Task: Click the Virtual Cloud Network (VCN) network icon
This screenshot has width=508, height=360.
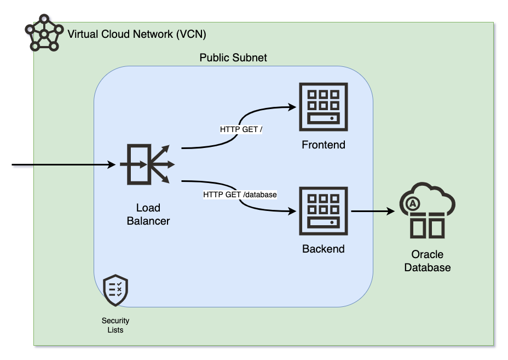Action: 43,35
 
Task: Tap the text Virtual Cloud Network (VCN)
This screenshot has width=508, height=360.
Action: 137,35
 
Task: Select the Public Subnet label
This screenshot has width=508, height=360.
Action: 233,58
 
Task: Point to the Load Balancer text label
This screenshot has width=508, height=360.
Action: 148,214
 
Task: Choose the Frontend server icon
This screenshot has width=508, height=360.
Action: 323,107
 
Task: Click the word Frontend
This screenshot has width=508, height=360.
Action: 324,145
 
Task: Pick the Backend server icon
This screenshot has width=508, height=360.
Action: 323,211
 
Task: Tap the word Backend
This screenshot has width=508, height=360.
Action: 324,249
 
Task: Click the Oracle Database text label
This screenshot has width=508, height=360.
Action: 428,261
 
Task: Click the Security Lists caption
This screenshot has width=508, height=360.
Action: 116,325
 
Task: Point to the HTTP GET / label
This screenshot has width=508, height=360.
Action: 241,130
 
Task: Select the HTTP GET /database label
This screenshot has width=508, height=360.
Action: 240,195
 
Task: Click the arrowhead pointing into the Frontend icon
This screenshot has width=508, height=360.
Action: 292,107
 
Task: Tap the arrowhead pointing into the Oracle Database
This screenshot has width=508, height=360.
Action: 391,211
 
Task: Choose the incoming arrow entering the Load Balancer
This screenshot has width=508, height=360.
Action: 66,164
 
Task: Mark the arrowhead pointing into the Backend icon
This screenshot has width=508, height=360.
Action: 292,211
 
